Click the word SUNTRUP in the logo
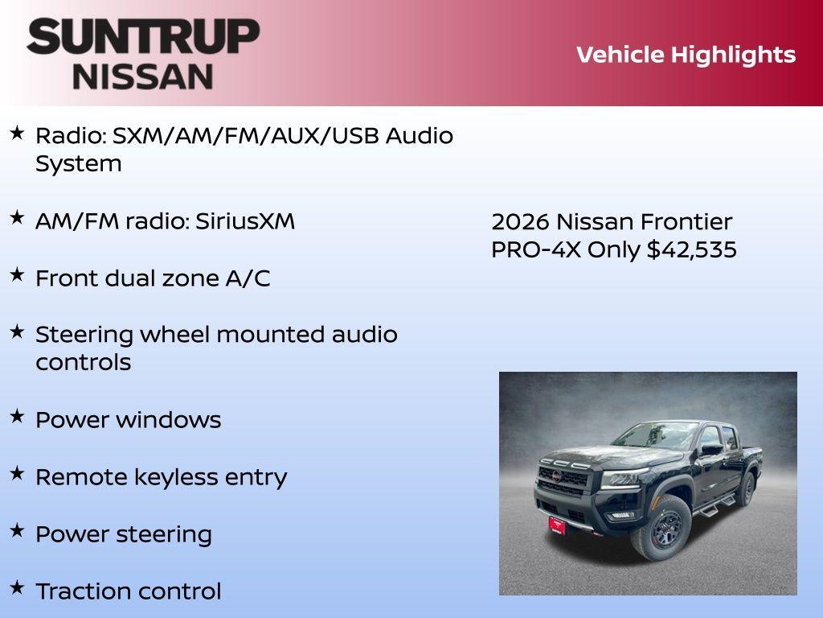point(143,37)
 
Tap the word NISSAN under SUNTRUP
point(143,76)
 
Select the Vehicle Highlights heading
point(686,55)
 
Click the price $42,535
point(691,249)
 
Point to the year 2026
point(520,222)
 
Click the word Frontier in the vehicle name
point(686,222)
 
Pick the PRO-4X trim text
point(536,249)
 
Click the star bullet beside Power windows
point(17,416)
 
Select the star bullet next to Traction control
point(17,587)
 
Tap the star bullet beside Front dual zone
point(17,274)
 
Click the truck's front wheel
point(661,528)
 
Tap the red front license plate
point(557,525)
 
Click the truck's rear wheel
point(747,488)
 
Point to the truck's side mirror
point(711,449)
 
